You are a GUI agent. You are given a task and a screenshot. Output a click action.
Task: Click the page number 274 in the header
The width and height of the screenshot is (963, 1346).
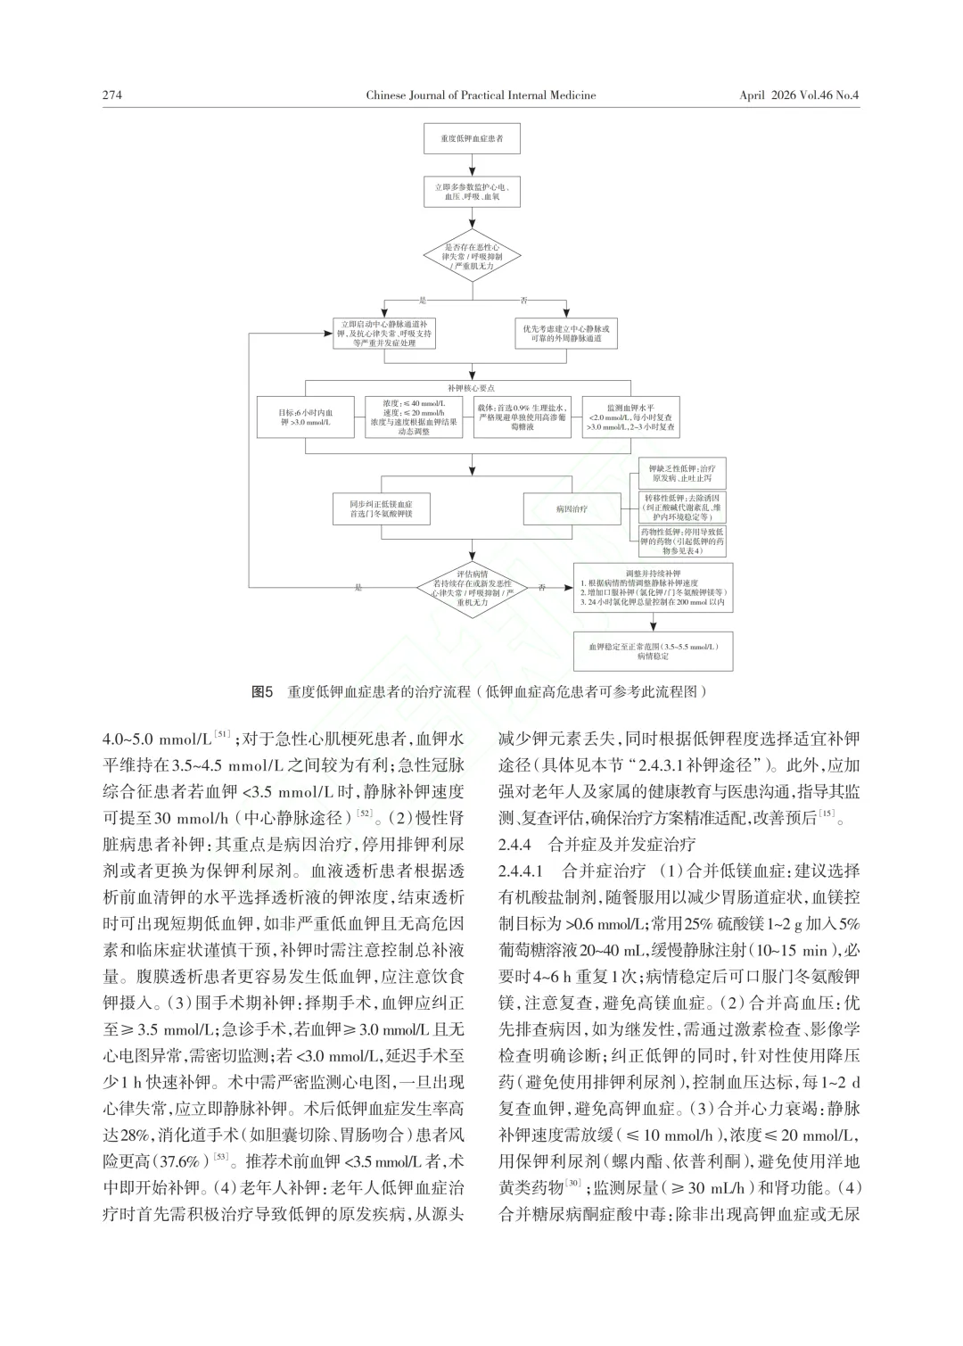(111, 95)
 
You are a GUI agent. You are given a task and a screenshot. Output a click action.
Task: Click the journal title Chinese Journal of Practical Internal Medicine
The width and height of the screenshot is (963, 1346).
(481, 95)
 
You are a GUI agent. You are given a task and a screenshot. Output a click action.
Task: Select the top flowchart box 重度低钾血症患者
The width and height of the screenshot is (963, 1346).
(471, 141)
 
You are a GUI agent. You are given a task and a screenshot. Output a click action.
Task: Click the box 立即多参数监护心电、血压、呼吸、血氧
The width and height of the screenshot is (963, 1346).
(471, 192)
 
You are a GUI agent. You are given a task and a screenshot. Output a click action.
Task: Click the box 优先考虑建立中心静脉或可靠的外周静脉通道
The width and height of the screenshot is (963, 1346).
(567, 334)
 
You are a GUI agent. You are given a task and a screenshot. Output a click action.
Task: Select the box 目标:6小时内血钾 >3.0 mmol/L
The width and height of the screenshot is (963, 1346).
(306, 417)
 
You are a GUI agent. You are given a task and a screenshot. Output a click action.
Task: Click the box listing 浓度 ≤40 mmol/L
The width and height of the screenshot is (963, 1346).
(414, 417)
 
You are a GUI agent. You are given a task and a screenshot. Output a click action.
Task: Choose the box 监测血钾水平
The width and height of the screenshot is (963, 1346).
(631, 417)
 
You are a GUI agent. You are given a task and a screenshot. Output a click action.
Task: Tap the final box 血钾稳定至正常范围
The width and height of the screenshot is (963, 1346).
(653, 650)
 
